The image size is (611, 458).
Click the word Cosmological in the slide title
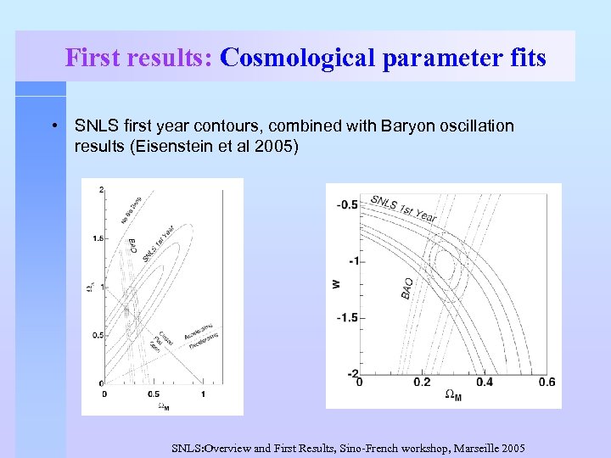pyautogui.click(x=288, y=58)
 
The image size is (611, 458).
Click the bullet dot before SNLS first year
pyautogui.click(x=53, y=126)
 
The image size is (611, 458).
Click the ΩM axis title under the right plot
pyautogui.click(x=454, y=396)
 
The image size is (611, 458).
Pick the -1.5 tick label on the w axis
pyautogui.click(x=347, y=317)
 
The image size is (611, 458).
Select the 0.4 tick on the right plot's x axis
pyautogui.click(x=485, y=383)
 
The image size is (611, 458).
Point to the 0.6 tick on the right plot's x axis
pyautogui.click(x=547, y=383)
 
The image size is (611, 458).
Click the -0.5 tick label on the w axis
pyautogui.click(x=347, y=204)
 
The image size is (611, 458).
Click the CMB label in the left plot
pyautogui.click(x=133, y=247)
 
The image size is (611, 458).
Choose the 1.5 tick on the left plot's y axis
pyautogui.click(x=98, y=237)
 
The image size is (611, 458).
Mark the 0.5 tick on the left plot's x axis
pyautogui.click(x=153, y=394)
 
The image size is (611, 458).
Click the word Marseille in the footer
pyautogui.click(x=470, y=448)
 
